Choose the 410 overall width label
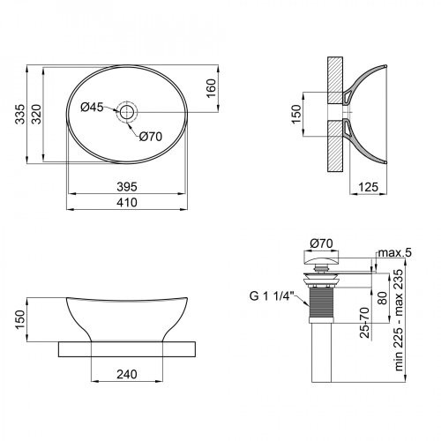tap(127, 202)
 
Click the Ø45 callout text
tap(92, 108)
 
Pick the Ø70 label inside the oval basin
tap(150, 136)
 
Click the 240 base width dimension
tap(127, 373)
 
